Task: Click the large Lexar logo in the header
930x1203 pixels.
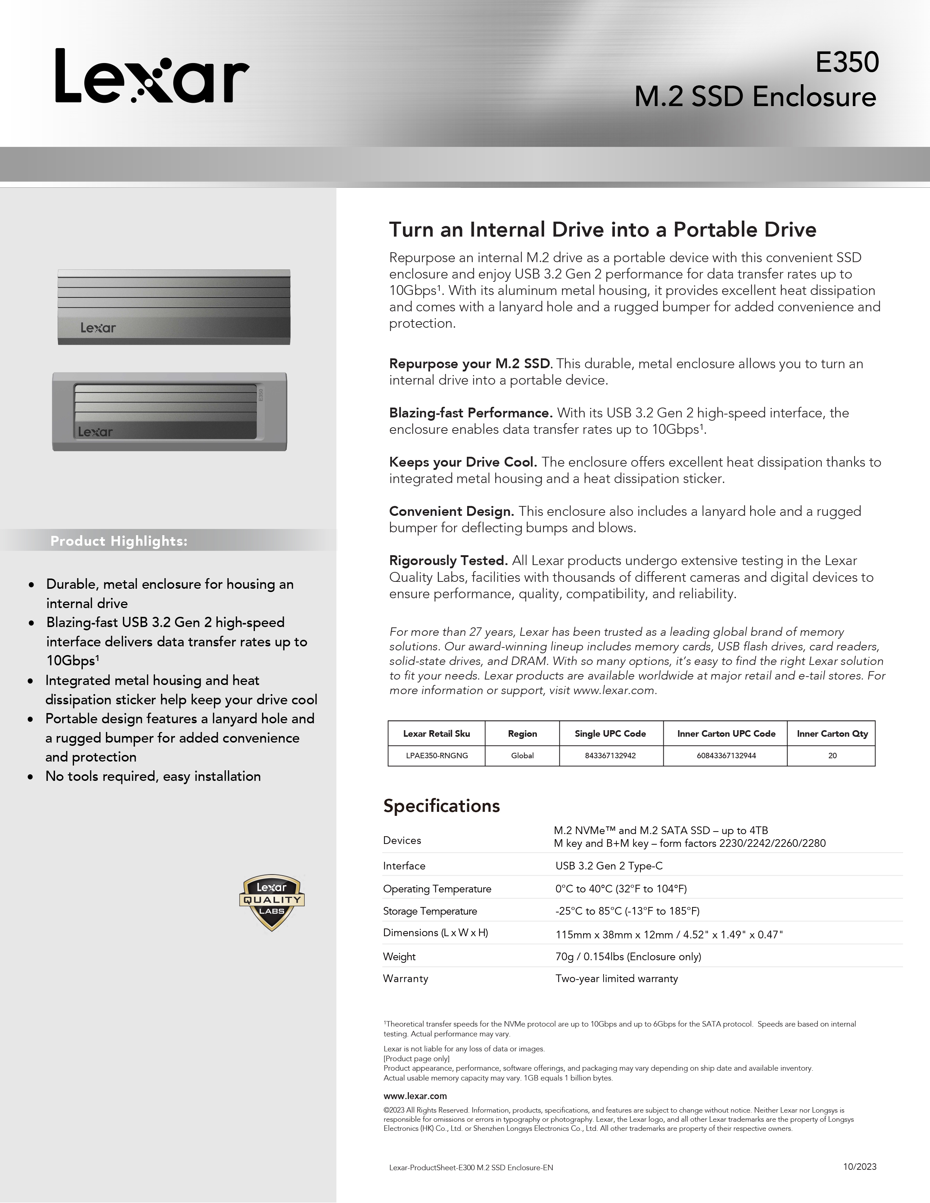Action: (152, 76)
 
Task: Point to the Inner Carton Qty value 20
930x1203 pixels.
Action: (832, 756)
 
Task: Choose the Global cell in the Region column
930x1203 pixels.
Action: (522, 756)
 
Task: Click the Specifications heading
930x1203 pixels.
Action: (441, 806)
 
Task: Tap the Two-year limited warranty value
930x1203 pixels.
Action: (616, 978)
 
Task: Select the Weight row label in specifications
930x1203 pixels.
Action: (399, 957)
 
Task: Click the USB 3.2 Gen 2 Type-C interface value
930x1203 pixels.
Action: (609, 866)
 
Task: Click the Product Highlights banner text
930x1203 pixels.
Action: (119, 541)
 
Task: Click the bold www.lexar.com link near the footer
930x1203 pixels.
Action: (415, 1096)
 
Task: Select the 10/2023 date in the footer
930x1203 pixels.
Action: (860, 1167)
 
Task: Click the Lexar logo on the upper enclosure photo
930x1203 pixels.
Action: (98, 328)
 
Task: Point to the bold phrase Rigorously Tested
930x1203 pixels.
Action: (448, 561)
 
